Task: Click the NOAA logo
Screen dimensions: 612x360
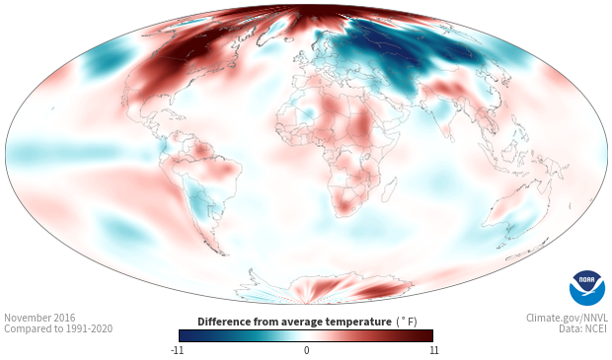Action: (x=587, y=288)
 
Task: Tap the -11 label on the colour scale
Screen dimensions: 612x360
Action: (x=177, y=350)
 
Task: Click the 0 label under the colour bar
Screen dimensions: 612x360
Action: (x=306, y=350)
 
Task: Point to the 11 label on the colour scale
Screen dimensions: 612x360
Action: (x=433, y=350)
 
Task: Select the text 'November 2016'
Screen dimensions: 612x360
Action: (x=39, y=318)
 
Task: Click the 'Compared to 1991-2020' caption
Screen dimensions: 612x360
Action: (x=58, y=328)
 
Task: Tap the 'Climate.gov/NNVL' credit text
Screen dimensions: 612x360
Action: (x=567, y=318)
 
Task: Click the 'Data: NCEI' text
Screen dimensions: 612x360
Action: (x=583, y=328)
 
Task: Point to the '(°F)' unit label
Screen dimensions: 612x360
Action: (x=407, y=323)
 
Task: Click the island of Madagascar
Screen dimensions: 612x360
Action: (x=389, y=189)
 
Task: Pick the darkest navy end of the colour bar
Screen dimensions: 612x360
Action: (x=183, y=335)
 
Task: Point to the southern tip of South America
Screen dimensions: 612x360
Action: (x=223, y=254)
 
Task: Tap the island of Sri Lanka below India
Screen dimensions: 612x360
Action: (x=450, y=138)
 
